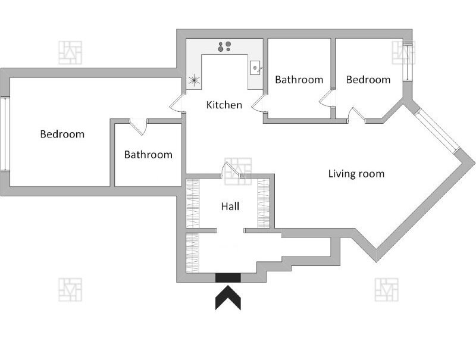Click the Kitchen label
(224, 105)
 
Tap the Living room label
(356, 174)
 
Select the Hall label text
(230, 206)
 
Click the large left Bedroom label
(62, 134)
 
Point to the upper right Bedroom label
(368, 80)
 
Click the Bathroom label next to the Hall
(148, 155)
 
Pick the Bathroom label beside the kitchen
(299, 80)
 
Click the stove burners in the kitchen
(224, 46)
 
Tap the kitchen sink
(255, 68)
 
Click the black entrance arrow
(228, 298)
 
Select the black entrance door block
(228, 278)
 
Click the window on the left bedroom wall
(5, 134)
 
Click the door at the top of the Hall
(230, 171)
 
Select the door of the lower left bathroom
(139, 126)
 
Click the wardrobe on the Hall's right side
(264, 203)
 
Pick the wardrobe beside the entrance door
(192, 253)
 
